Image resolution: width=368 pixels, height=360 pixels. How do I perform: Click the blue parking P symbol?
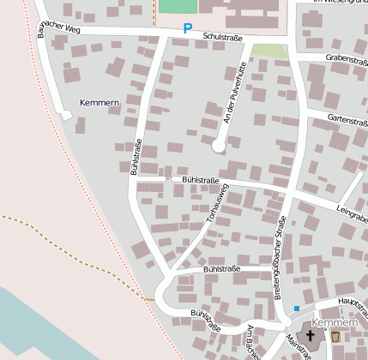tap(187, 29)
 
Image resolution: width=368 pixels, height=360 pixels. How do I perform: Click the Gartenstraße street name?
tap(347, 122)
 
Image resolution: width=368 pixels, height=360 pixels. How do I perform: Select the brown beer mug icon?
tap(335, 338)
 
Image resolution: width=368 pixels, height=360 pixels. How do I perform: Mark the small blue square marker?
tap(297, 309)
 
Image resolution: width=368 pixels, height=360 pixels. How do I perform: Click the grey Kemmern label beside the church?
tap(334, 322)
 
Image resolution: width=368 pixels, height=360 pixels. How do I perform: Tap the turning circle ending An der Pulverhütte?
tap(219, 147)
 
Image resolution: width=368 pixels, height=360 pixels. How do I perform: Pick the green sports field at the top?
tap(178, 5)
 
